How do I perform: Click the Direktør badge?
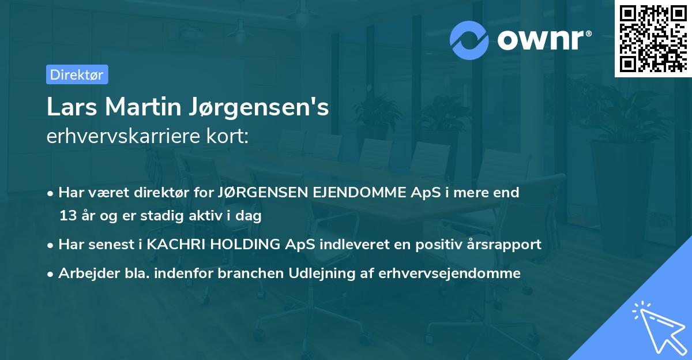[77, 74]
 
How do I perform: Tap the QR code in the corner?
[652, 38]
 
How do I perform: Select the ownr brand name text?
[544, 40]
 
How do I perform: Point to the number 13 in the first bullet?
[67, 216]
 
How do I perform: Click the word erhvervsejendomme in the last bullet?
[449, 273]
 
